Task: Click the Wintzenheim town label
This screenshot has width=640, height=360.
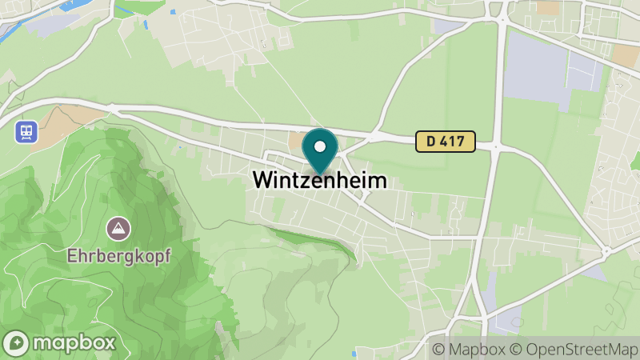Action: point(320,181)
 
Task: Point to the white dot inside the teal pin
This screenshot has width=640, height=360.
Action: point(321,147)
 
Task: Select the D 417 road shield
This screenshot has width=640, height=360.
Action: point(446,142)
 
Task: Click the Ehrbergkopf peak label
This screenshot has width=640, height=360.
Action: point(118,258)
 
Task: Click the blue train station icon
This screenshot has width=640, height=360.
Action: point(26,131)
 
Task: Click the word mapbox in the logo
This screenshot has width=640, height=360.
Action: point(73,342)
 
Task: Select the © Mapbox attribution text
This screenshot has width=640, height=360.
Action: point(470,350)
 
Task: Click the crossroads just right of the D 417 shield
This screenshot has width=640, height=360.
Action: point(496,146)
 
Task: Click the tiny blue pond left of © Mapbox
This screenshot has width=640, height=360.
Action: point(353,352)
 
